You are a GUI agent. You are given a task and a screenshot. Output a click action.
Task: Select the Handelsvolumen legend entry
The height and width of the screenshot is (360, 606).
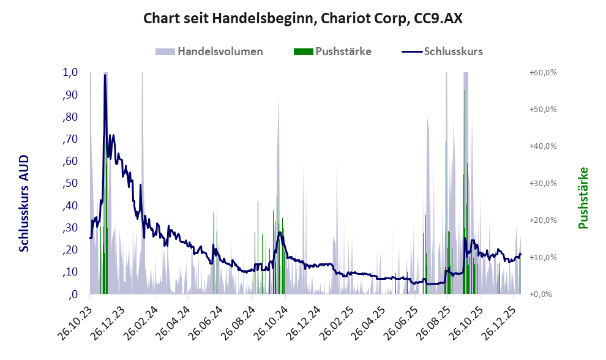[219, 51]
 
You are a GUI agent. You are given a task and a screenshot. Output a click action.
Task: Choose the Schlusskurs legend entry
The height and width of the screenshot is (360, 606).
[452, 51]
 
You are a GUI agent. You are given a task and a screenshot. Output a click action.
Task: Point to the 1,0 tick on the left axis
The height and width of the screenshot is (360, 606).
[70, 72]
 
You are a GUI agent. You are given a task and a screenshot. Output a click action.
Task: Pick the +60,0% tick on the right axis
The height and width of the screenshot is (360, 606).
[543, 72]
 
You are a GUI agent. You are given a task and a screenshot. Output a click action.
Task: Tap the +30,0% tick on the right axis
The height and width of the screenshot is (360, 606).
[543, 183]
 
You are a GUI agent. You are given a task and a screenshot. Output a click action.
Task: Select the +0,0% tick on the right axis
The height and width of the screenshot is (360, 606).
[541, 294]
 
